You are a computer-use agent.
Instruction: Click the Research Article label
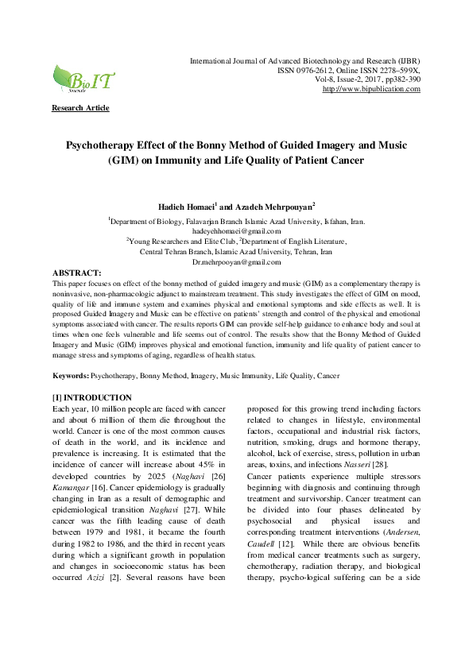[80, 108]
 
